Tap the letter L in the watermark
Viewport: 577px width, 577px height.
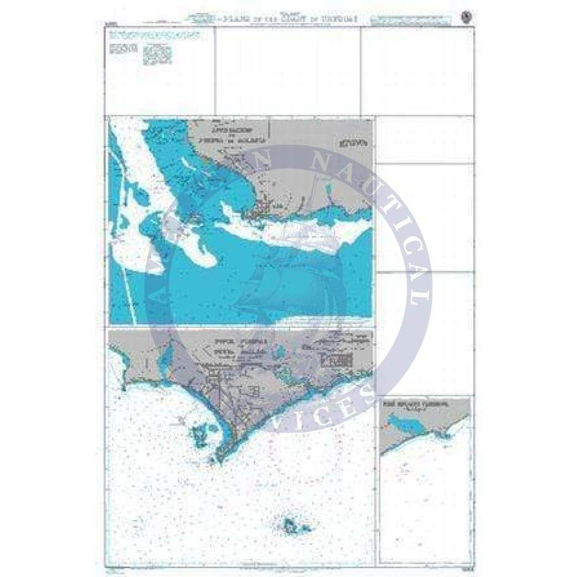pyautogui.click(x=421, y=296)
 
